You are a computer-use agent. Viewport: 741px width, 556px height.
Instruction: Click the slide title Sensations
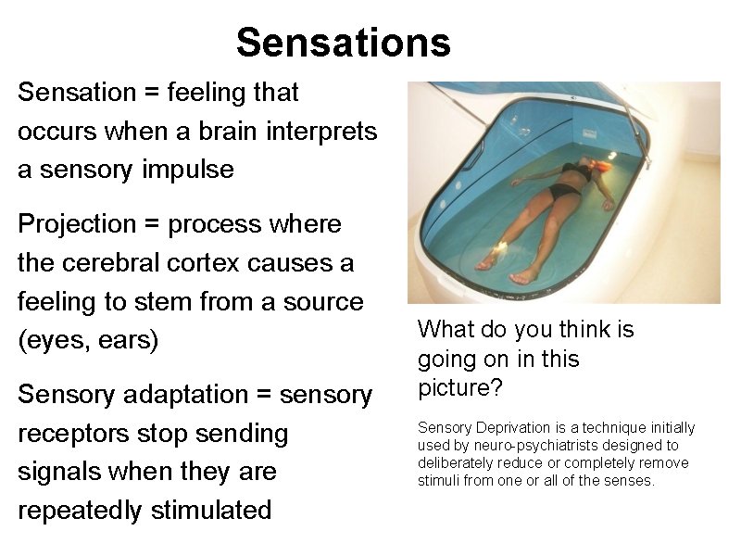[343, 43]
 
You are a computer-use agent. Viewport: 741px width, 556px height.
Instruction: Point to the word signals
[55, 472]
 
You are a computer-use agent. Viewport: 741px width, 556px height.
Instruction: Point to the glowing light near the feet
[501, 245]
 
